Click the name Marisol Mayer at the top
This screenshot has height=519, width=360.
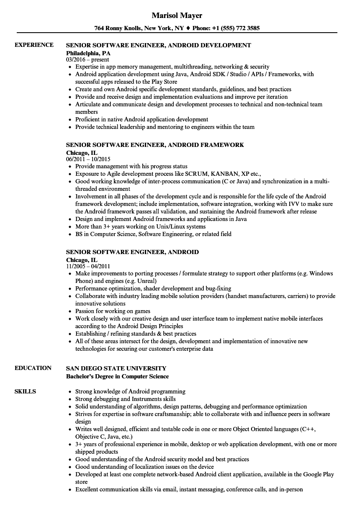tap(177, 15)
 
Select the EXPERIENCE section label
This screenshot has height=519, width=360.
tap(34, 45)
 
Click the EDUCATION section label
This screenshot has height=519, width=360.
tap(33, 368)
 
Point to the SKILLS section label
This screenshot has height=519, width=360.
tap(25, 391)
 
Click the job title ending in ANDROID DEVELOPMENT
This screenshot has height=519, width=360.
tap(159, 45)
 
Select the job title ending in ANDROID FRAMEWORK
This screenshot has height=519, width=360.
tap(155, 145)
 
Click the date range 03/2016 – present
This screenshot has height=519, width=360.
tap(87, 59)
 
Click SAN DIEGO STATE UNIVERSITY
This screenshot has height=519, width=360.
tap(116, 368)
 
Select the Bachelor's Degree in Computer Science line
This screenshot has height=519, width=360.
tap(117, 376)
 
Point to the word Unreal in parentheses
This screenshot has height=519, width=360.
tap(146, 281)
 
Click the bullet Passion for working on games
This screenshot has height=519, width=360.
tap(113, 311)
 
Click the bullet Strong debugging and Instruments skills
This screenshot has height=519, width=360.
tap(125, 399)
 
